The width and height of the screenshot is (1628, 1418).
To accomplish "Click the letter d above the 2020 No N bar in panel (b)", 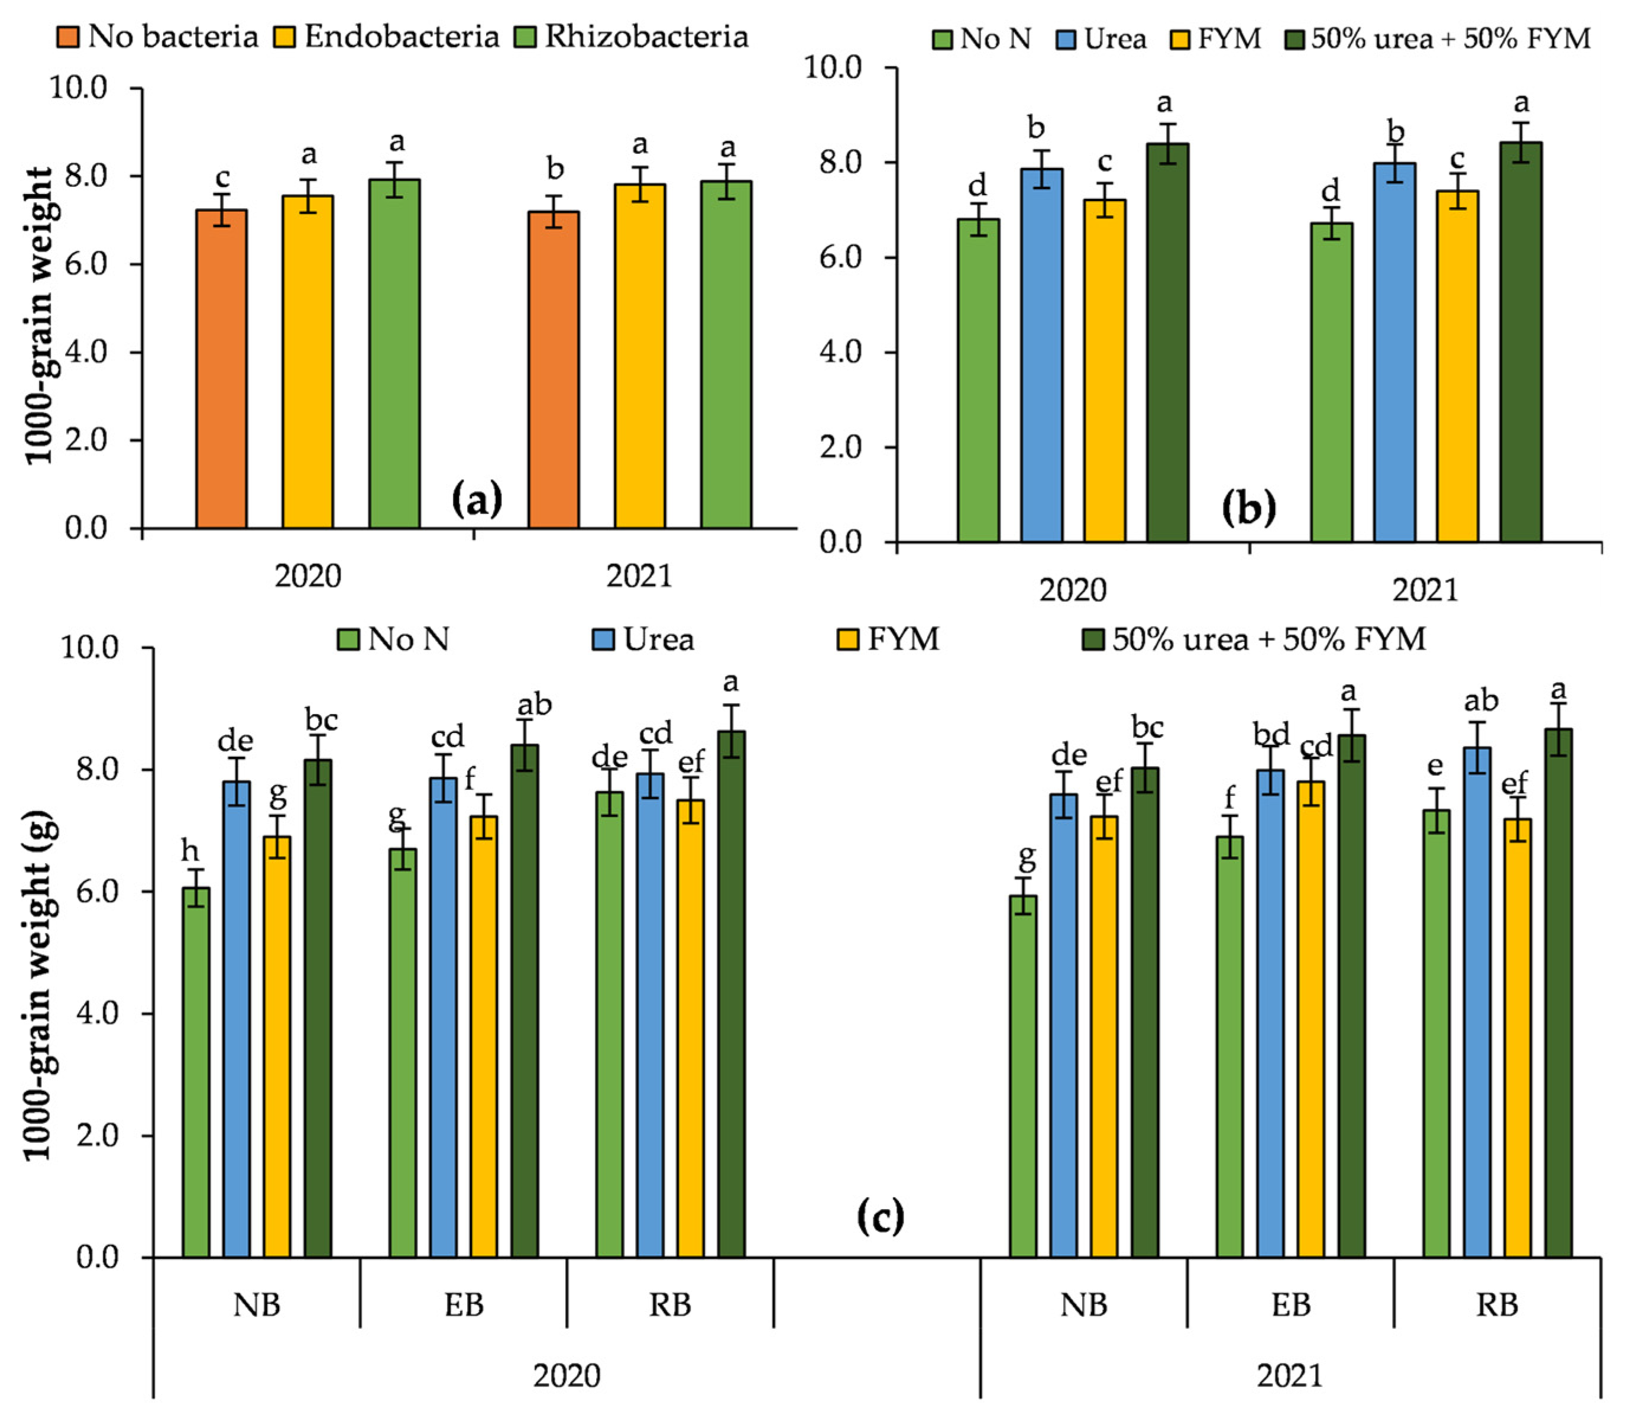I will [x=978, y=187].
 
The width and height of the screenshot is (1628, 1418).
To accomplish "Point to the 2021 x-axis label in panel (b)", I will [x=1424, y=590].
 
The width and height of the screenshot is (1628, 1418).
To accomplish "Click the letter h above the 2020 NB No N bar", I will [x=190, y=852].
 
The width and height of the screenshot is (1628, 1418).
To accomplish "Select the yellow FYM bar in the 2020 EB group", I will [x=483, y=1036].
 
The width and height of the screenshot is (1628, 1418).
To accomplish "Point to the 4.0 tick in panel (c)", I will [x=96, y=1013].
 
